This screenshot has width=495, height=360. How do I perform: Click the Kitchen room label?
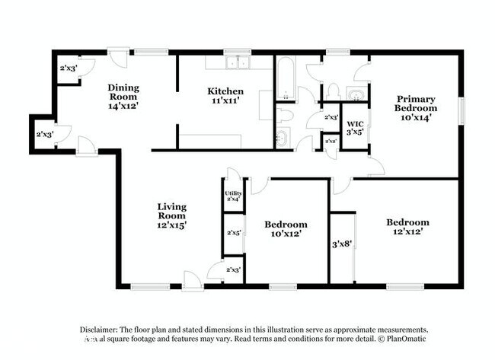click(225, 97)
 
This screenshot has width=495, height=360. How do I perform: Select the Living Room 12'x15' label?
click(172, 215)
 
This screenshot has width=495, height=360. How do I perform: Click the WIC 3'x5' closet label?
click(355, 128)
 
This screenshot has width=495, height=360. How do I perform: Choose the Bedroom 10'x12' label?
click(286, 229)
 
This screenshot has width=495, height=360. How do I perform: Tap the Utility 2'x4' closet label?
click(233, 196)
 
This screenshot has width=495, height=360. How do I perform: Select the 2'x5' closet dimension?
click(233, 233)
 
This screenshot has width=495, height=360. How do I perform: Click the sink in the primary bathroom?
click(354, 94)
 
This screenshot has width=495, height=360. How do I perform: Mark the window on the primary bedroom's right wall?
click(460, 110)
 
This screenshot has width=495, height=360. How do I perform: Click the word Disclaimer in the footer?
click(103, 329)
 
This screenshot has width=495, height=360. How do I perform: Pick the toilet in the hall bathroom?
click(284, 115)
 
